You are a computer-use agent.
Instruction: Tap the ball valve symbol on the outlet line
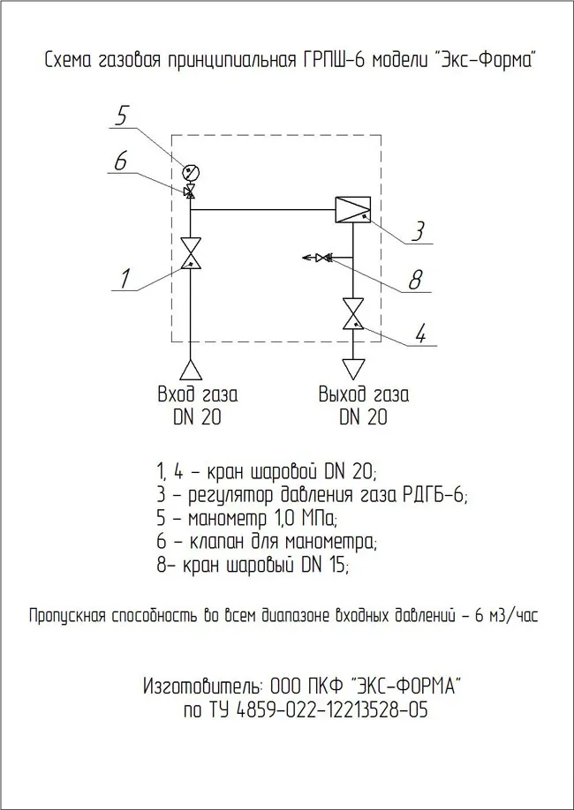(x=353, y=313)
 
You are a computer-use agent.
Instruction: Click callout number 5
(x=124, y=115)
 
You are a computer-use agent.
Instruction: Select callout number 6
(x=121, y=161)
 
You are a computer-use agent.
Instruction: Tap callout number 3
(x=420, y=231)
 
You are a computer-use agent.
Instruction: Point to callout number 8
(x=414, y=280)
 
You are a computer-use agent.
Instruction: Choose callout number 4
(x=421, y=334)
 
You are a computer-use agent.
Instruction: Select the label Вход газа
(x=197, y=394)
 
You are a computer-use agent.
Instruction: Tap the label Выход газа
(x=364, y=394)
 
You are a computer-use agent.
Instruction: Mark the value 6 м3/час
(x=505, y=615)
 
